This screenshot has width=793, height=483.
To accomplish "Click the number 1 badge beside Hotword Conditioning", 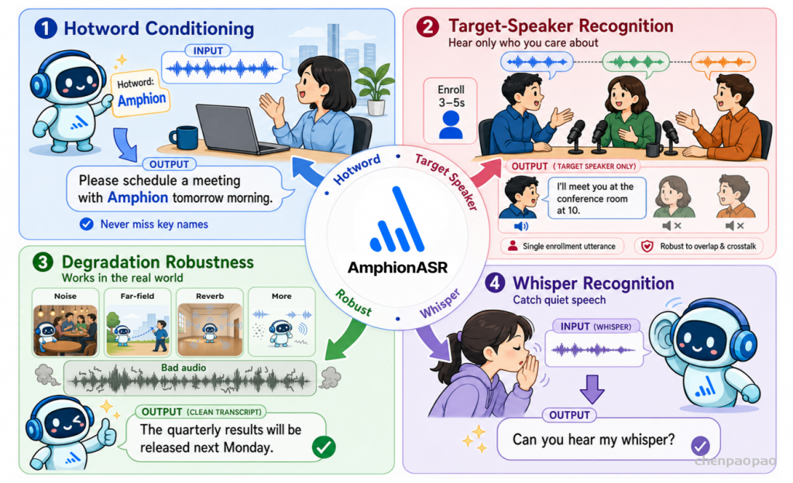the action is [46, 29].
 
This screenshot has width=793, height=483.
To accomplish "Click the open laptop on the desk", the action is [239, 129].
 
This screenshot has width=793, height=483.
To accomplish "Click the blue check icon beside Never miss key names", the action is [87, 224].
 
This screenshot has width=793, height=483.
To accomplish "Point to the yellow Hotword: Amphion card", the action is [141, 93].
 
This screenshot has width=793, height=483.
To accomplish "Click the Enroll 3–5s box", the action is [450, 110].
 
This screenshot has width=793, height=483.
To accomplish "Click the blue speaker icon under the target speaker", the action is [520, 226].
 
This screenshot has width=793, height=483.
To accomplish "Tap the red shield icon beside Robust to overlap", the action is [647, 246].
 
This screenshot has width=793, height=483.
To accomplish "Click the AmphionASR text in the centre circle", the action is [397, 268].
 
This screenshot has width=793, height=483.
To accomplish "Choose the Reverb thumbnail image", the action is [210, 329].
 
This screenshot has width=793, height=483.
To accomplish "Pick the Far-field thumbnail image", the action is [138, 329].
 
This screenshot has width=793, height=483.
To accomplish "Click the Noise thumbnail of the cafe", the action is [65, 329].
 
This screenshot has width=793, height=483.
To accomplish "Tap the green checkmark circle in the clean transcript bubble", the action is [324, 447].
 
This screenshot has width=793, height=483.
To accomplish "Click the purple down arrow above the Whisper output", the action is [592, 389].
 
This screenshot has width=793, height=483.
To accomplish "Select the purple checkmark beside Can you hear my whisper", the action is [700, 446].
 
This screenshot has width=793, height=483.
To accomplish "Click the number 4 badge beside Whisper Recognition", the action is [495, 283].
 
